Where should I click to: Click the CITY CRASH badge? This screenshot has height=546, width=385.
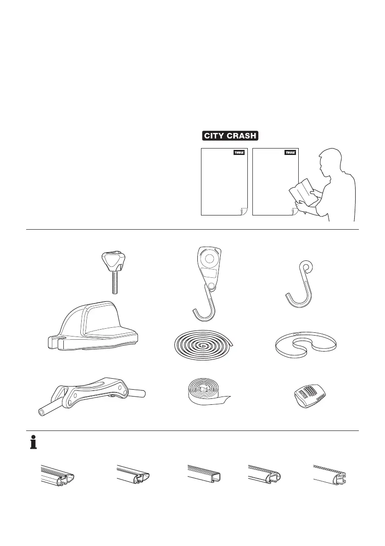[x=230, y=136]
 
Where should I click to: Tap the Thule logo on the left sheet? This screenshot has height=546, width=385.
[x=240, y=153]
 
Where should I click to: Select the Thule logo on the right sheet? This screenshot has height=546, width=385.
[x=290, y=153]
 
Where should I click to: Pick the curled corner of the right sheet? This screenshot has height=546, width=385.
[x=295, y=211]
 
